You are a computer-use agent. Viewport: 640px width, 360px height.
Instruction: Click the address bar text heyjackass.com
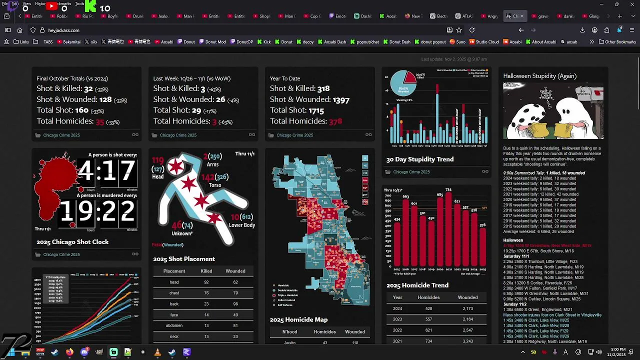pyautogui.click(x=63, y=30)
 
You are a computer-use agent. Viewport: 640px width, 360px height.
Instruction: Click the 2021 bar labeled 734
pyautogui.click(x=448, y=230)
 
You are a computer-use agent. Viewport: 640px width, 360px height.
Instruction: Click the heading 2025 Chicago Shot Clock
pyautogui.click(x=72, y=242)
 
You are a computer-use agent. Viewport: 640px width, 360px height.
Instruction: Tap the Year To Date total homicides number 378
pyautogui.click(x=335, y=121)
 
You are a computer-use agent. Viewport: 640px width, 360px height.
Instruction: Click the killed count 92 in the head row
pyautogui.click(x=206, y=282)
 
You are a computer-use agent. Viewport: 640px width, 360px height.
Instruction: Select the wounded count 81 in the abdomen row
pyautogui.click(x=235, y=326)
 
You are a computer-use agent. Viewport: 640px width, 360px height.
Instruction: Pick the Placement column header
pyautogui.click(x=174, y=271)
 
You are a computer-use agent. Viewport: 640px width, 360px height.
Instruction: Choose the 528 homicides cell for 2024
pyautogui.click(x=428, y=309)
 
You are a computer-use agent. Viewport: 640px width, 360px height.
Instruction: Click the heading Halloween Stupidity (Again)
pyautogui.click(x=539, y=76)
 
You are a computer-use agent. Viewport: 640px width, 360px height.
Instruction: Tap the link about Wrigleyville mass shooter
pyautogui.click(x=552, y=315)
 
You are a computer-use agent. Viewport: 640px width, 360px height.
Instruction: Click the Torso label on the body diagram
pyautogui.click(x=214, y=185)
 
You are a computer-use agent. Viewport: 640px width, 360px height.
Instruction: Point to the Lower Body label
pyautogui.click(x=242, y=225)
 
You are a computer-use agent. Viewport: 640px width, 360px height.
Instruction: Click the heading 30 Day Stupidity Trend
pyautogui.click(x=419, y=159)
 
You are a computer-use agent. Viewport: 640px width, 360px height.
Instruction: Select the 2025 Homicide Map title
pyautogui.click(x=298, y=319)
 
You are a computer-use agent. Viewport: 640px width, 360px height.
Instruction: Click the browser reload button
pyautogui.click(x=471, y=30)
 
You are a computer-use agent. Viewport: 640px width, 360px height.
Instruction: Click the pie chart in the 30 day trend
pyautogui.click(x=403, y=83)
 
